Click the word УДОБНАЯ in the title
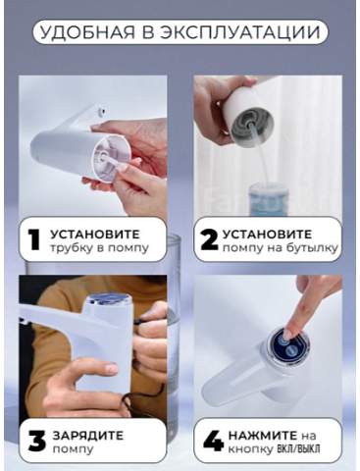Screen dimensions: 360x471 [87, 32]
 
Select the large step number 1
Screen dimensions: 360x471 [34, 240]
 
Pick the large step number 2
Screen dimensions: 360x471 [209, 240]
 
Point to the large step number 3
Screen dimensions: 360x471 [36, 442]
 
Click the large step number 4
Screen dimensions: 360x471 [213, 442]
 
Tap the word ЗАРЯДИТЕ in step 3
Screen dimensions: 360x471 [88, 436]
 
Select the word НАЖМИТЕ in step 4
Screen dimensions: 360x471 [262, 436]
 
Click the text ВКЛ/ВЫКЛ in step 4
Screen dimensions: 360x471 [298, 448]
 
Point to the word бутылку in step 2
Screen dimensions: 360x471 [312, 248]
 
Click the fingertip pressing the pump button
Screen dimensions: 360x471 [287, 335]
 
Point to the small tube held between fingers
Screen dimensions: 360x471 [109, 160]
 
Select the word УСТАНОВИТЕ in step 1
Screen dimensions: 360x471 [95, 235]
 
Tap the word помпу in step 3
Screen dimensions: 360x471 [74, 449]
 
